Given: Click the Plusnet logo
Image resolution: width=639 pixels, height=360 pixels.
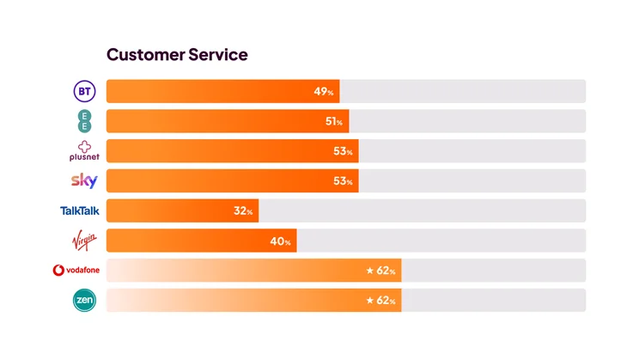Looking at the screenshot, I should click(84, 151).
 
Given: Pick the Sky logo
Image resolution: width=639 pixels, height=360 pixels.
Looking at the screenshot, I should click(84, 180).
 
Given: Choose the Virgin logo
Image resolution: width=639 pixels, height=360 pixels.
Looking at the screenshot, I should click(84, 240).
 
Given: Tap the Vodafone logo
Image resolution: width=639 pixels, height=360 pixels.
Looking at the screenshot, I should click(76, 271).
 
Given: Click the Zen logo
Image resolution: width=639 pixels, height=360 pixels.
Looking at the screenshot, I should click(85, 300).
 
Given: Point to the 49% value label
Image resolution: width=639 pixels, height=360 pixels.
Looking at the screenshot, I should click(323, 92).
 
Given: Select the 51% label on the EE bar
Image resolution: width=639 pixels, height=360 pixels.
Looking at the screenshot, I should click(333, 122).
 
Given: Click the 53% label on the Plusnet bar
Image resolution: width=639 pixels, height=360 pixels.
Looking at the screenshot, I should click(343, 152).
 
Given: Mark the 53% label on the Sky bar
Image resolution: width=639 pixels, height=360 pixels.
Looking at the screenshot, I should click(343, 181).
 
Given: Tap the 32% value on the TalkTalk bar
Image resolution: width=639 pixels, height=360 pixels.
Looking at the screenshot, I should click(242, 211).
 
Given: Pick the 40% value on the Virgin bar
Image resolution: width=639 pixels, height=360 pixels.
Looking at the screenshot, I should click(280, 241).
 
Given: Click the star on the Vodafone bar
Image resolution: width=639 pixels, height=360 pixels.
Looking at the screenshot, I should click(370, 271).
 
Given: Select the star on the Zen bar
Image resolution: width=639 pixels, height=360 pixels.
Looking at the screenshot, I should click(370, 301).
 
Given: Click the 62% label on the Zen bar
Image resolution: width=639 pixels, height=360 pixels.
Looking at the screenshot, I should click(386, 301).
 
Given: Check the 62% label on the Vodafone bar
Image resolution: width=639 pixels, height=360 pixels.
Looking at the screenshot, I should click(386, 271).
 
